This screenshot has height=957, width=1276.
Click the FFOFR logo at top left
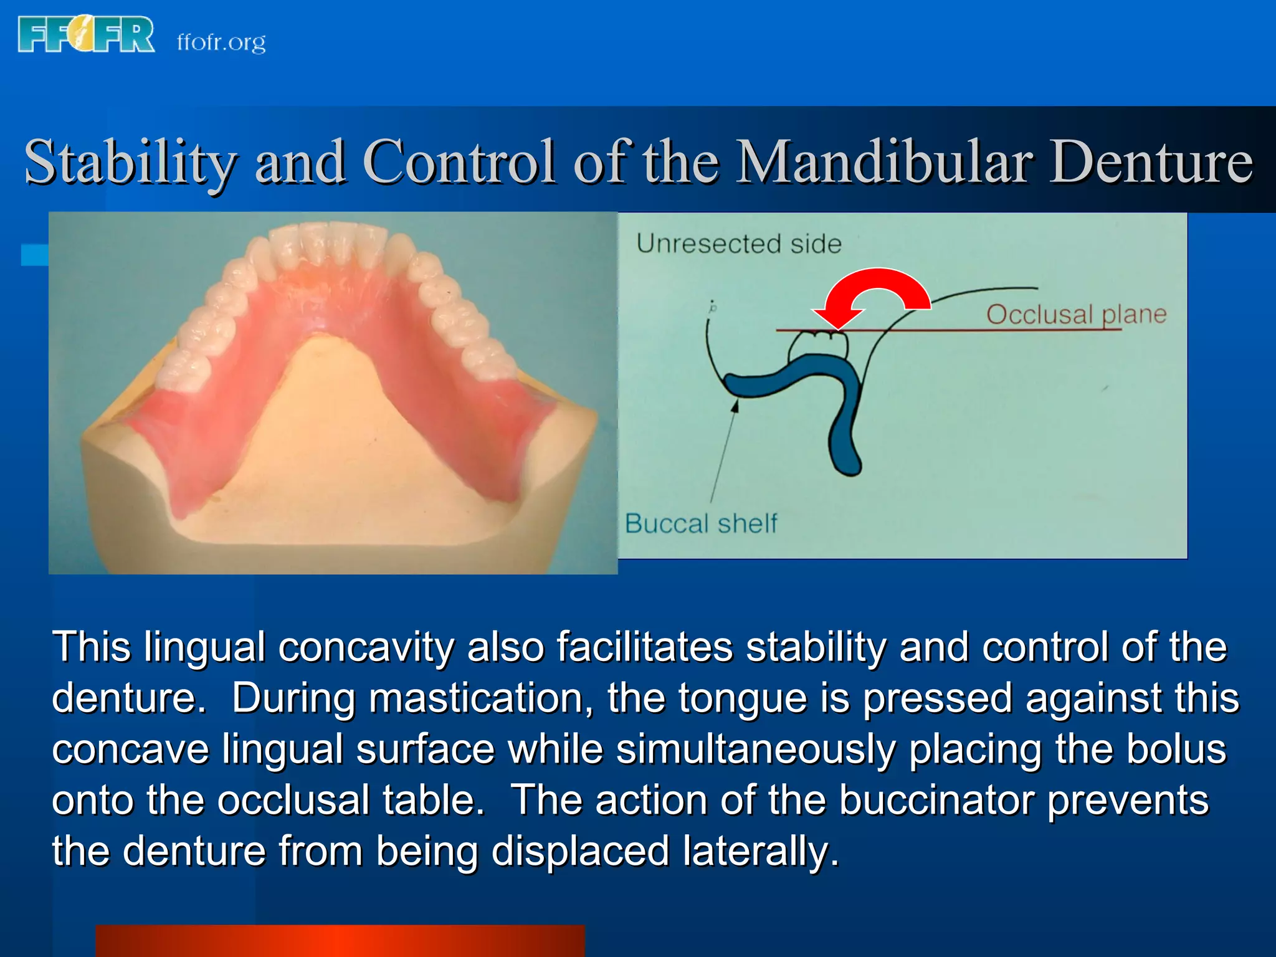click(86, 34)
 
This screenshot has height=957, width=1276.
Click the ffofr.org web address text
click(221, 42)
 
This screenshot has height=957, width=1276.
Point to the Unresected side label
click(739, 244)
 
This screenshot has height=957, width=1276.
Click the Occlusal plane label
click(1076, 315)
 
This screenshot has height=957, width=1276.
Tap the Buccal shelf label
click(701, 523)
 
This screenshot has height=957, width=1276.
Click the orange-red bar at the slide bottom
click(340, 941)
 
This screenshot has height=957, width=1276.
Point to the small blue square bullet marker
click(35, 255)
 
